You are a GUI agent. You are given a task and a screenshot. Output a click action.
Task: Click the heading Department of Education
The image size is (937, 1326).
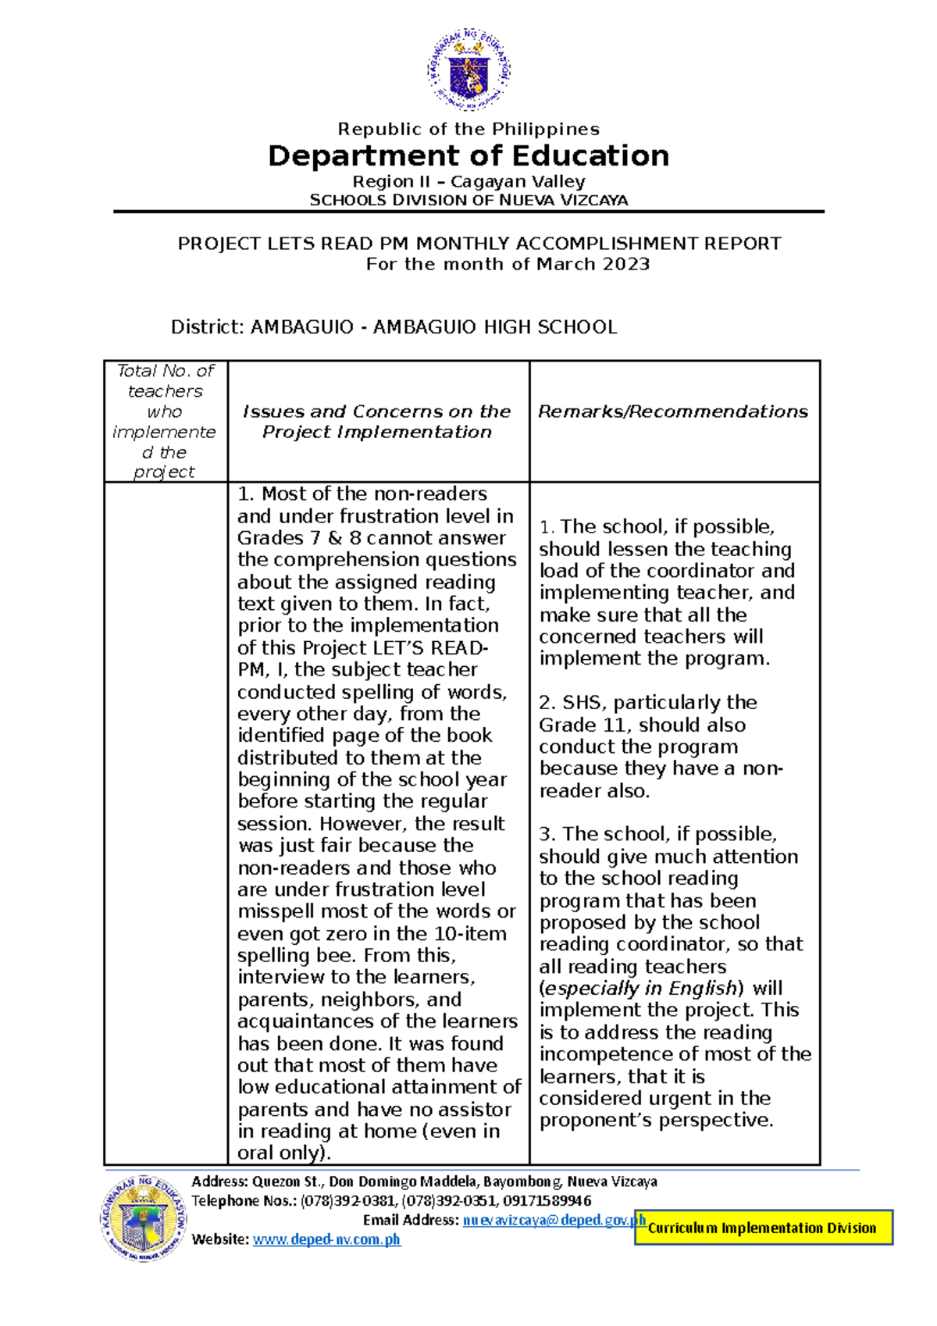click(468, 156)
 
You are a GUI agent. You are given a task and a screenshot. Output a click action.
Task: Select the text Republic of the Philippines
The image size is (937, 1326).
click(468, 129)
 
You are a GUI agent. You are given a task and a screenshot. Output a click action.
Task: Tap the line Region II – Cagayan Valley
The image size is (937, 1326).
click(468, 181)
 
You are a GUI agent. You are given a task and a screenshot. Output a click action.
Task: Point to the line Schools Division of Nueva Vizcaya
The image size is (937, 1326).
click(468, 200)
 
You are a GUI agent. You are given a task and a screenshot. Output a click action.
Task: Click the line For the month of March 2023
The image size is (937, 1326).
click(508, 264)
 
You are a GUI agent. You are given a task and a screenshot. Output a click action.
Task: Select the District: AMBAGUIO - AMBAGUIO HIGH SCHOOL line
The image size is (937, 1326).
click(394, 326)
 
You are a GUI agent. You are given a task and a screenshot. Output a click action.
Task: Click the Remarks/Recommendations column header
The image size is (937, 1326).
click(673, 412)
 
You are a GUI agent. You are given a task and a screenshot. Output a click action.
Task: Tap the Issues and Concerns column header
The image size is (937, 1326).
click(376, 422)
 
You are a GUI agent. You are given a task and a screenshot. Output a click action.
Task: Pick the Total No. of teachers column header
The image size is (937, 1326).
click(165, 421)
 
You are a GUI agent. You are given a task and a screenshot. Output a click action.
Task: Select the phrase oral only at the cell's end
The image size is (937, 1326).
click(279, 1153)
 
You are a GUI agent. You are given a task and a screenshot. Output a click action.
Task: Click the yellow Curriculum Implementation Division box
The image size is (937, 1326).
click(762, 1228)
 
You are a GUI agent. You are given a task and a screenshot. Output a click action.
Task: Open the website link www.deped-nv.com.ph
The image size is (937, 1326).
click(326, 1239)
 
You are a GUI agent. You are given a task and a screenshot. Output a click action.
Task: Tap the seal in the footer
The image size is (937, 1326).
click(144, 1218)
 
